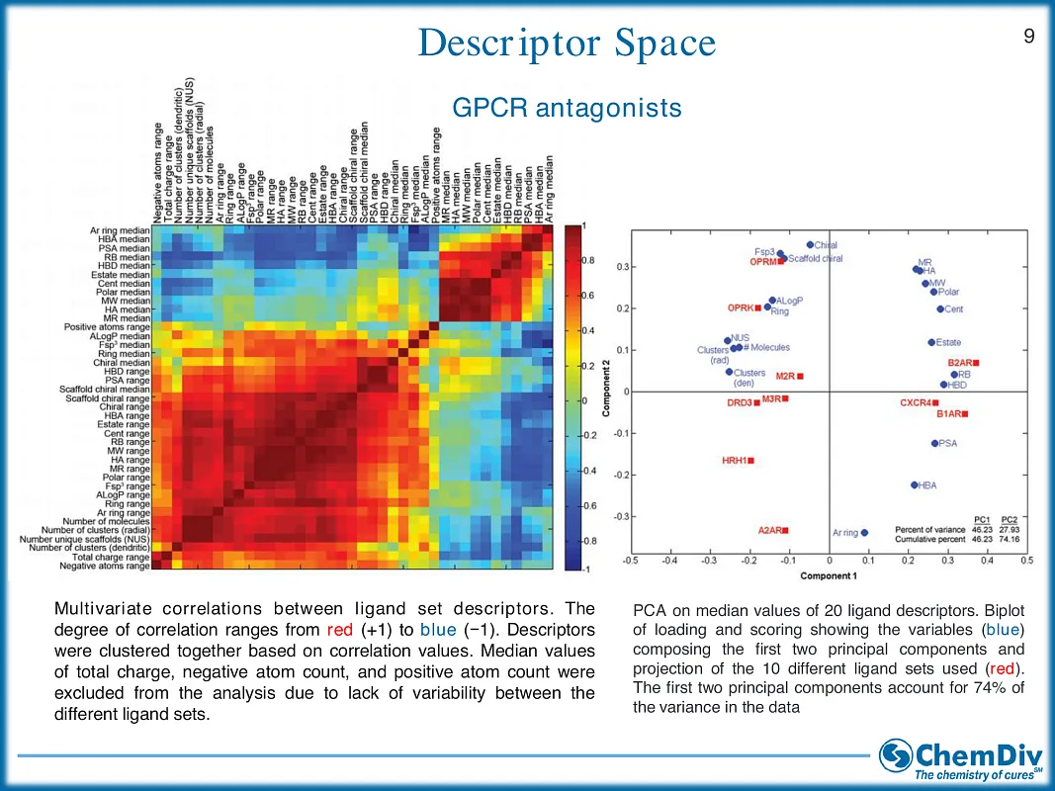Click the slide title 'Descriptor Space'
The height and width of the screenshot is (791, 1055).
tap(567, 44)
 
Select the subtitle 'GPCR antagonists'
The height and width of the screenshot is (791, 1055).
tap(567, 107)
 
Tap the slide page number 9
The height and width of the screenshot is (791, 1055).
tap(1029, 37)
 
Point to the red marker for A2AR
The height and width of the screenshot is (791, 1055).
tap(789, 531)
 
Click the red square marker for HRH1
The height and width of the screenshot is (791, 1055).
tap(750, 461)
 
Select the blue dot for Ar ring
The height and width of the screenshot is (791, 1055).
tap(864, 532)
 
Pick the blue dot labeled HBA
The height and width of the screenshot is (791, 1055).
tap(914, 484)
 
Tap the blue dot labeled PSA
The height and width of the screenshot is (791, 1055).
tap(934, 443)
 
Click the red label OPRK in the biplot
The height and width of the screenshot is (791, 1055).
tap(741, 308)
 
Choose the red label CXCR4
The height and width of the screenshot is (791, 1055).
tap(915, 402)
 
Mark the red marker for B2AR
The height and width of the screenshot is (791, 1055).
tap(976, 363)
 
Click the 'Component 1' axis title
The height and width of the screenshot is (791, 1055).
tap(828, 575)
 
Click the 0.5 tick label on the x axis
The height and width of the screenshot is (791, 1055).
tap(1026, 561)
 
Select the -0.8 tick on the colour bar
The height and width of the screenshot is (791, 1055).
tap(587, 541)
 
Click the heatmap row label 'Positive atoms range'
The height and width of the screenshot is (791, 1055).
tap(107, 327)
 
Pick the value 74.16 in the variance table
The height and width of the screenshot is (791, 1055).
tap(1010, 540)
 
